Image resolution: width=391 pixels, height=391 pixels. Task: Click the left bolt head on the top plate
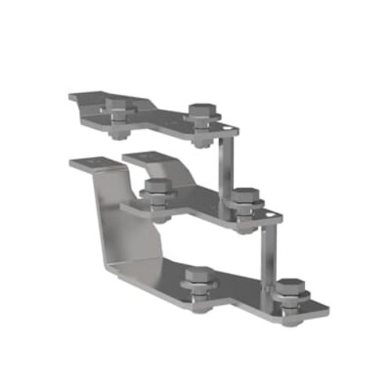[119, 107]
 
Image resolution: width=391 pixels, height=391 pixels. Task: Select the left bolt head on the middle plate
[157, 186]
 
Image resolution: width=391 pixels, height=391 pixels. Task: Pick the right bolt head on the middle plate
[246, 195]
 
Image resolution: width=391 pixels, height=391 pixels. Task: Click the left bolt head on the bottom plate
[199, 274]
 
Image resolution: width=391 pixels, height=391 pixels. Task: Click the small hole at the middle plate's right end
[270, 213]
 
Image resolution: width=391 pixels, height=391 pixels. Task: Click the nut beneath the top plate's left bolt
[118, 134]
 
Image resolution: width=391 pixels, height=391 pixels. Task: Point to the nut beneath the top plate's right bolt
[202, 142]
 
